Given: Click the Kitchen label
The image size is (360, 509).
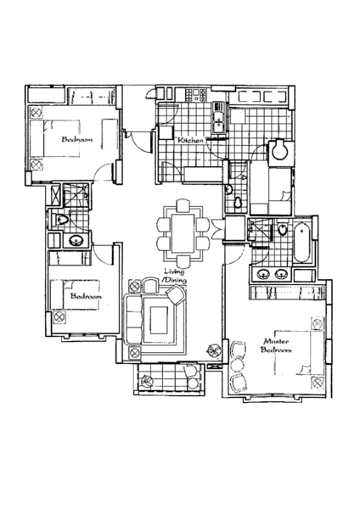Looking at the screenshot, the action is coord(191,140).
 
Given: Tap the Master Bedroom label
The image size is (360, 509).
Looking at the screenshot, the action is coord(276,345).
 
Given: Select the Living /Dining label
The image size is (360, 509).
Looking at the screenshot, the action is coord(174,276).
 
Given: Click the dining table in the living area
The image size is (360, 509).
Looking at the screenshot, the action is coord(183,233).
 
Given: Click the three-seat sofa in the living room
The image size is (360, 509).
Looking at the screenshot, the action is coord(134,320).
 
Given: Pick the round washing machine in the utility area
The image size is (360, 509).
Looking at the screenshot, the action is coord(279,149).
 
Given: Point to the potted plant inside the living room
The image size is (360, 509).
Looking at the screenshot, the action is coord(215,350).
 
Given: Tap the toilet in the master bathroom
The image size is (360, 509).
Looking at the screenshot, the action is coord(283,229).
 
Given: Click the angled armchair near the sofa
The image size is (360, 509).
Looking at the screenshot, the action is coord(176,294).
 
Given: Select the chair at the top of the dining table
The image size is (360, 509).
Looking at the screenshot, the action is coord(183,206).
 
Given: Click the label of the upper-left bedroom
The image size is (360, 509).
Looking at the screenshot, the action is coord(77,139).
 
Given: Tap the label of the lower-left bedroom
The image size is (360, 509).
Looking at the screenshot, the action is coord(86,296).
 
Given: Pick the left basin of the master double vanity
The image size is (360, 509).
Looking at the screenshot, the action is coord(264,274).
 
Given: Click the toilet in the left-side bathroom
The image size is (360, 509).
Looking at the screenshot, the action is coord(62,220).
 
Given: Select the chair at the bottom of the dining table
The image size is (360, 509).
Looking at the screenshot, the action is coord(183,260).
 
